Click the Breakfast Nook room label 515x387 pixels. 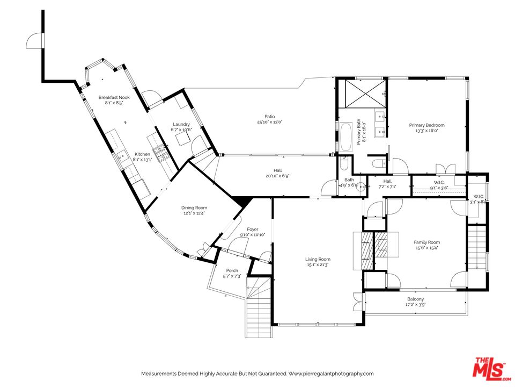coord(114,97)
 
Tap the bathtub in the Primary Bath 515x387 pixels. coord(346,137)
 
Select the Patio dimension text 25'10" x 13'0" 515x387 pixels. coord(270,122)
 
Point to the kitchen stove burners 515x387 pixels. coord(162,154)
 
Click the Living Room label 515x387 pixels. coord(318,259)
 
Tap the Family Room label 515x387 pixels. coord(426,242)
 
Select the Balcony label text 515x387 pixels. coord(415,299)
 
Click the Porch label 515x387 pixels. coord(232,270)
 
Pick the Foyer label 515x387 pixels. coord(253,230)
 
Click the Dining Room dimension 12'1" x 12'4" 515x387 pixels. coord(194,213)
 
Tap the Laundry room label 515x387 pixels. coord(181,124)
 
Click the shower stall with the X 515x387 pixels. coord(365,94)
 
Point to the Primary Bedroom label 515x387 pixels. coord(426,125)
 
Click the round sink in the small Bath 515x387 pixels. coord(361,187)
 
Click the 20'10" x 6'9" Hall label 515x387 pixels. coord(278,173)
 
